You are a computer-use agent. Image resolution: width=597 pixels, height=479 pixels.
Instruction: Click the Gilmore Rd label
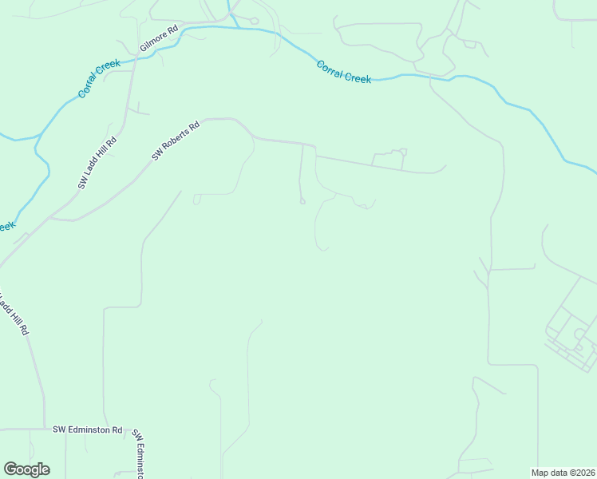pos(160,37)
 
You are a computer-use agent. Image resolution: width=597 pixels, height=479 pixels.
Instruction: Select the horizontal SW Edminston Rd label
pos(88,430)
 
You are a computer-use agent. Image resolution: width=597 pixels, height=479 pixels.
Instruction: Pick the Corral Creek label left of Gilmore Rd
pos(97,80)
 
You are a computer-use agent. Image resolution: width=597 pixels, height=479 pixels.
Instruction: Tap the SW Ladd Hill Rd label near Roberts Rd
pos(97,163)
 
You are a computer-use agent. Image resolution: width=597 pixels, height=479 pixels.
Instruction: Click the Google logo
pos(26,469)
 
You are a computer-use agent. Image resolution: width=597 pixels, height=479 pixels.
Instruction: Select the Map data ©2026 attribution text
pos(563,473)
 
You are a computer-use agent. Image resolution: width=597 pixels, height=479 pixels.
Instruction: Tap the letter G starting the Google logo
pos(10,469)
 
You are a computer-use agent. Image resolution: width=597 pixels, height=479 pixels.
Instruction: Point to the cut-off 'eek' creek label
pos(6,226)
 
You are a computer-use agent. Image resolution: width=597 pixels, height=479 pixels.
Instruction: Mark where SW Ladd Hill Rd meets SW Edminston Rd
pos(44,429)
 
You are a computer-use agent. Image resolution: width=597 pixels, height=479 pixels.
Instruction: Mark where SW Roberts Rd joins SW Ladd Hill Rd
pos(51,217)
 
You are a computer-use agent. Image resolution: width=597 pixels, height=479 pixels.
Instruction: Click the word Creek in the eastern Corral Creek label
pos(358,77)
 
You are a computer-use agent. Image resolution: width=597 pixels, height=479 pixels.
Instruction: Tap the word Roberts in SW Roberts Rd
pos(178,138)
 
